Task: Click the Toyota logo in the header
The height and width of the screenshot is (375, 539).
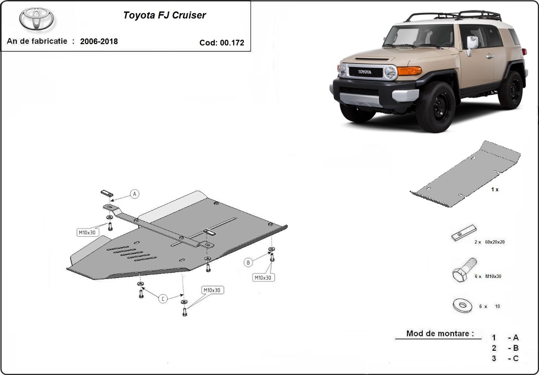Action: coord(36,19)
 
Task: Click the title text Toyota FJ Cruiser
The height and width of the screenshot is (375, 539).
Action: coord(164,15)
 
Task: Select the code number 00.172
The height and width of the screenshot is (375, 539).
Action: coord(232,43)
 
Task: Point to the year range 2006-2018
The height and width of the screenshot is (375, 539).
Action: coord(99,41)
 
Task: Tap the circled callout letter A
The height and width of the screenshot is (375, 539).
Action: coord(135,194)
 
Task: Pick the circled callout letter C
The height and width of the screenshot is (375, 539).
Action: coord(163,299)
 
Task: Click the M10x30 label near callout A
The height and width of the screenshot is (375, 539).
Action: coord(87,232)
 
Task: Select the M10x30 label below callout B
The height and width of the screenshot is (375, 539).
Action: coord(263,278)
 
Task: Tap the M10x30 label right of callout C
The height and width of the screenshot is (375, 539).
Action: coord(212,290)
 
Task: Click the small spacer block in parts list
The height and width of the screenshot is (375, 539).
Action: coord(464,233)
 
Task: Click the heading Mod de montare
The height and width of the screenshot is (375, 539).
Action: coord(440,333)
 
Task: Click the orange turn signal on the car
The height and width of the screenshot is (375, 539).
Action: coord(409,71)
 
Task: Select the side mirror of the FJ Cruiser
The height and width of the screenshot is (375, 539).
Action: coord(472,43)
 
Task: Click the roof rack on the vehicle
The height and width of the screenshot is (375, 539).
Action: coord(454,17)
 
